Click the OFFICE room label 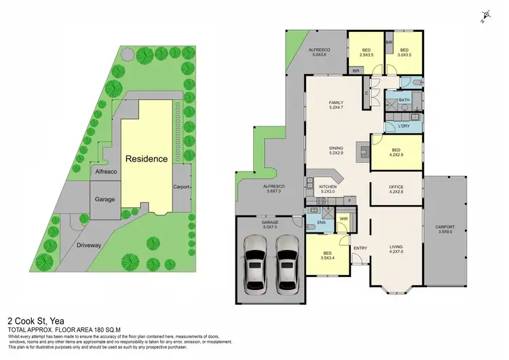click(396, 190)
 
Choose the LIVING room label click(396, 249)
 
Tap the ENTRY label click(360, 248)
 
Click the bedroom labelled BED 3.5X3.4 click(328, 256)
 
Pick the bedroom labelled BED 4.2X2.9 click(396, 153)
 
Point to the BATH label click(404, 101)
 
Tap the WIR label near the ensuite click(343, 219)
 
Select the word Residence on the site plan click(146, 159)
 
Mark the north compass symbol click(485, 16)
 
